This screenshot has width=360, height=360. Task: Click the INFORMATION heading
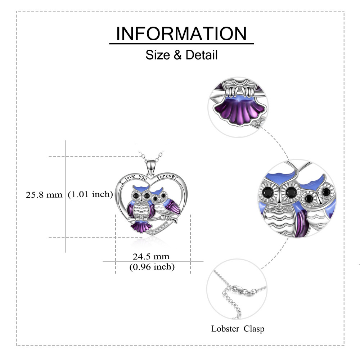tap(181, 33)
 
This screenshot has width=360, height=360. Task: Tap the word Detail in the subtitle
tap(202, 55)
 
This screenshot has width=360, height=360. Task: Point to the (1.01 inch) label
tap(90, 195)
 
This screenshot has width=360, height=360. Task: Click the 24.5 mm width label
tap(151, 256)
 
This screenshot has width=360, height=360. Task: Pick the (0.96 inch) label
tap(152, 267)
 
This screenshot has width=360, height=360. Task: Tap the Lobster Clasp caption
tap(238, 328)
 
